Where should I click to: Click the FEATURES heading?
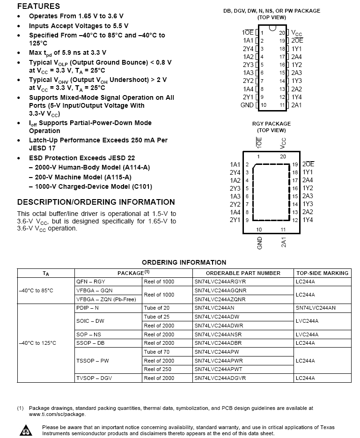[x=38, y=6]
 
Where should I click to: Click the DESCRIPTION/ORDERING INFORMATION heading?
[x=96, y=202]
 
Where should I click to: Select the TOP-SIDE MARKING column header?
[x=323, y=273]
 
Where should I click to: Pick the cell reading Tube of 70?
[x=157, y=352]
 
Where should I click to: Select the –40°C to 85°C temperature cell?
[x=37, y=290]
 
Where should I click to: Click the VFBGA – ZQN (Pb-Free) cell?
[x=106, y=299]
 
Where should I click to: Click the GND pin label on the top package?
[x=247, y=105]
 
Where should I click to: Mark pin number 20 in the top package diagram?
[x=282, y=33]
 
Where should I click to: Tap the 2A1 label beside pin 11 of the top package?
[x=297, y=105]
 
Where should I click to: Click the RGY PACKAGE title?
[x=272, y=124]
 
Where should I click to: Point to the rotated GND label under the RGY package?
[x=260, y=243]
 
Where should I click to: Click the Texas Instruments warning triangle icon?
[x=24, y=430]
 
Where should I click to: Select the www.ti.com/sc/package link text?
[x=58, y=414]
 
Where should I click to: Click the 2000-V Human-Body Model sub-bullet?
[x=92, y=167]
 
